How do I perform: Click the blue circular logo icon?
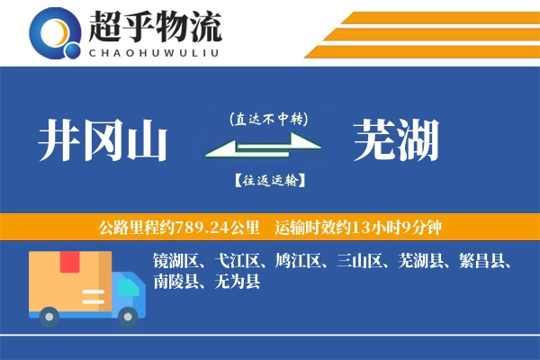pos(55,33)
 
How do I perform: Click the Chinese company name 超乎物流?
pos(155,26)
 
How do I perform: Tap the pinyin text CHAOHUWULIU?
pos(154,53)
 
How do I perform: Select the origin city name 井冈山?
pos(103,140)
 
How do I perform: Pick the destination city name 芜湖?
pos(396,139)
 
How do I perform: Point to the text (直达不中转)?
pos(268,119)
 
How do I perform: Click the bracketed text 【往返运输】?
pos(270,181)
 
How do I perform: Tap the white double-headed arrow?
pos(264,146)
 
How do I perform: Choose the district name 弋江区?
pos(237,260)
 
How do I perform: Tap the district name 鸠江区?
pos(298,260)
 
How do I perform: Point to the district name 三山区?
pos(359,260)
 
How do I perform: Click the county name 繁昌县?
pos(481,260)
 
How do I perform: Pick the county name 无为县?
pos(237,281)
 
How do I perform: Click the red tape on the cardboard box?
pos(70,262)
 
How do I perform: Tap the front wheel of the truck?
pos(128,317)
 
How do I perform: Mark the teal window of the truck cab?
pos(129,287)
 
